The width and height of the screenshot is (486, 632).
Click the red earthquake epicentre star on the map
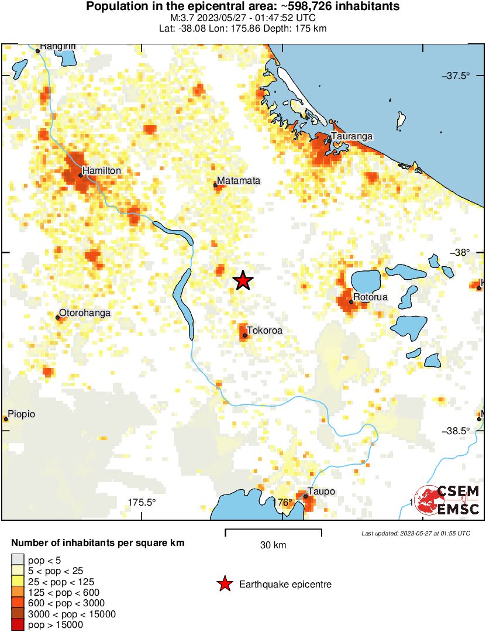click(x=243, y=281)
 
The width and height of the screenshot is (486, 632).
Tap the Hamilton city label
click(x=102, y=170)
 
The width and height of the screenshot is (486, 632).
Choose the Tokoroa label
click(x=264, y=331)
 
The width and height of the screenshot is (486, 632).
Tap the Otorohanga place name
click(x=85, y=313)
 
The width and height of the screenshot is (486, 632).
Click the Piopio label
click(x=22, y=414)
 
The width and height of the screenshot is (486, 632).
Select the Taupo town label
click(x=322, y=492)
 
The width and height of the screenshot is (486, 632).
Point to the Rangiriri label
click(x=58, y=46)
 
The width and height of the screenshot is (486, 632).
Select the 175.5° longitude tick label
click(x=142, y=502)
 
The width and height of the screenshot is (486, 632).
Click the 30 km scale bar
click(x=273, y=533)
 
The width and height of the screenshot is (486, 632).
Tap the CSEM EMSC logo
click(x=447, y=500)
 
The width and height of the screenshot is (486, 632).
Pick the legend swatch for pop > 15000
click(x=18, y=624)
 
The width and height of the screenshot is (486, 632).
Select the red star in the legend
click(x=224, y=584)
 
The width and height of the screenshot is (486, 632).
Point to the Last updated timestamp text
click(x=415, y=533)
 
